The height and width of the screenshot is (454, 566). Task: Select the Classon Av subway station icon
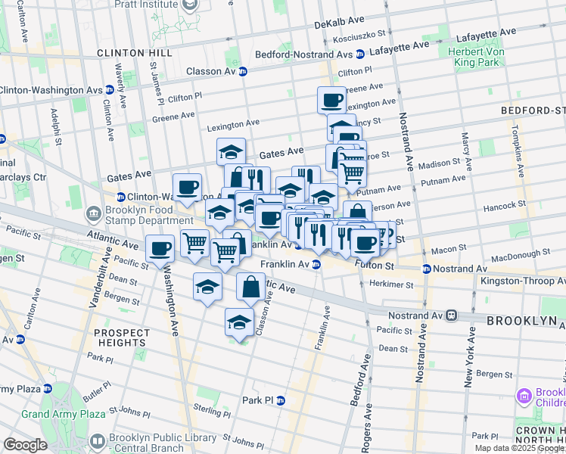pos(243,72)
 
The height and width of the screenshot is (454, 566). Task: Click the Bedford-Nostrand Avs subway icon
pos(360,54)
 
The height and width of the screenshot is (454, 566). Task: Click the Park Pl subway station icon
pos(281,400)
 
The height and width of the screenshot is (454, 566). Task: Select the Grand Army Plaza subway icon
pos(47,389)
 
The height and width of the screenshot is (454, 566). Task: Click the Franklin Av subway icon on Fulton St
pos(317,265)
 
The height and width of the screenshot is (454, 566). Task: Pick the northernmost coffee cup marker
pos(331,100)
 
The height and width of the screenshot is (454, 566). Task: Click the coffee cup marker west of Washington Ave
pos(160,247)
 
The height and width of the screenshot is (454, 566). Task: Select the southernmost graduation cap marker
pos(240,321)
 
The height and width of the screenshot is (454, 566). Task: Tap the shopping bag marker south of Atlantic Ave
pos(250,287)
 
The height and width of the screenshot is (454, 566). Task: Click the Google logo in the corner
pos(26,445)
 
